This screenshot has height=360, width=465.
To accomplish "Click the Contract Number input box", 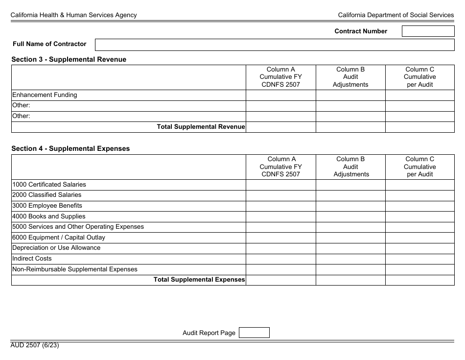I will pos(428,31).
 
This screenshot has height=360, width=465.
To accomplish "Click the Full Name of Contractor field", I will pos(274,45).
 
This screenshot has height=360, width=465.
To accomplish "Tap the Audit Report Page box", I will pos(254,333).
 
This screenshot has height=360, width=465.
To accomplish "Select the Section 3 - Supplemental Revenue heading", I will pos(69,59).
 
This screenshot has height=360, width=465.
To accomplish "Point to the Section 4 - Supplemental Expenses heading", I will pos(70,148).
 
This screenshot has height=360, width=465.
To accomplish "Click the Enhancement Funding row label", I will pos(45,95).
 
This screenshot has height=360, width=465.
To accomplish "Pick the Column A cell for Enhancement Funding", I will pos(280,95).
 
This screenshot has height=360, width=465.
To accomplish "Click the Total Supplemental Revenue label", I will pos(201,127).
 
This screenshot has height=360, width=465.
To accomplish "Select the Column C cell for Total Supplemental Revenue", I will pos(419,127).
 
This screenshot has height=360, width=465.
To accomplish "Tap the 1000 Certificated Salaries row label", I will pos(49,185).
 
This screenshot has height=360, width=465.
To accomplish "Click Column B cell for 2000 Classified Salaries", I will pos(350,195).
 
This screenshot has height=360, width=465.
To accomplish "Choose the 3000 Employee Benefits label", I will pos(47,206).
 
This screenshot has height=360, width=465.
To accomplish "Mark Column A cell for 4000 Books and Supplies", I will pos(280,216).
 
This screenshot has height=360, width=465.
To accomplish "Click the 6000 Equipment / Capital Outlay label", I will pos(59,238).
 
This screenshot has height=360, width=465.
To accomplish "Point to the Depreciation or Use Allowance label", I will pos(56,248).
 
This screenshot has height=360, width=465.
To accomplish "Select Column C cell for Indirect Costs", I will pos(419,259).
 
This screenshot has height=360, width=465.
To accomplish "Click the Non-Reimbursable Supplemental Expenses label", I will pos(75,269).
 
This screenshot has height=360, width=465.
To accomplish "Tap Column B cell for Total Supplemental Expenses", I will pos(350,280).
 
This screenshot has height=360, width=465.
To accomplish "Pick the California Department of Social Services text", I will pos(395,15).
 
